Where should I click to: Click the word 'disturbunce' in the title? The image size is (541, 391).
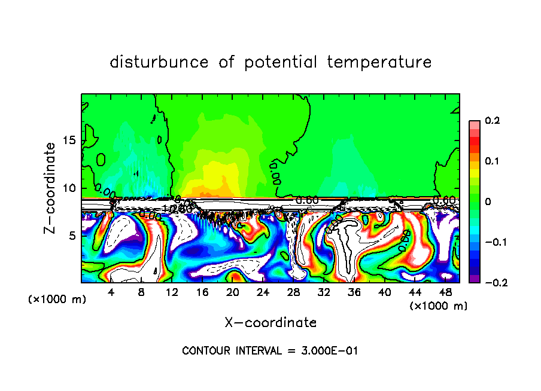tap(159, 62)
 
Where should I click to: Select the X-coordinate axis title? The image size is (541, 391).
tap(270, 323)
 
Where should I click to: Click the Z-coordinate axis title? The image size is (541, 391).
tap(51, 188)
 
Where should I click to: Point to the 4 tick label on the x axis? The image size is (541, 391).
tap(111, 293)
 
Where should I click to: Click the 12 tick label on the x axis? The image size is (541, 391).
tap(172, 293)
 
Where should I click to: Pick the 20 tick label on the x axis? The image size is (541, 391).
tap(233, 293)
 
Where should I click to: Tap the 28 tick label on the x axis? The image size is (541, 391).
tap(294, 293)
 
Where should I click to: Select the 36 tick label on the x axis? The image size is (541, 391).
tap(354, 293)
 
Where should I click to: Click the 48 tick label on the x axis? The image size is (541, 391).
tap(445, 293)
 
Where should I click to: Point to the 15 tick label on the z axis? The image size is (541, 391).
tap(69, 140)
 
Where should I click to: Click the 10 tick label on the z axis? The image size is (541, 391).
tap(69, 188)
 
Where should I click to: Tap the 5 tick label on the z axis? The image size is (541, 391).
tap(72, 236)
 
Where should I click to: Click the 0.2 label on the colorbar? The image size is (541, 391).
tap(492, 121)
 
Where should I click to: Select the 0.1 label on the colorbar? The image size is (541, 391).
tap(492, 161)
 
